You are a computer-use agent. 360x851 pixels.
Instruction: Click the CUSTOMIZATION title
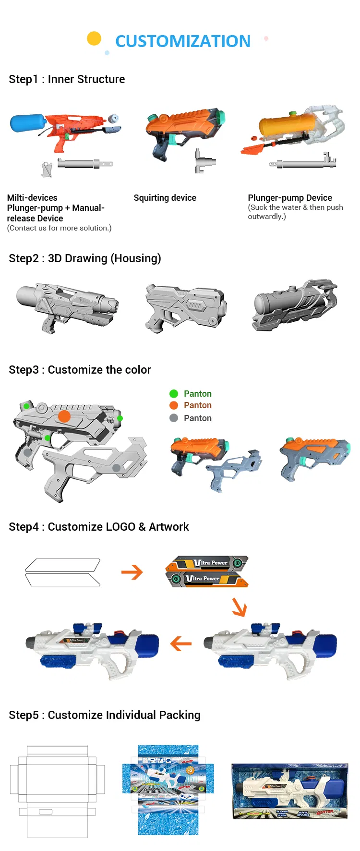coord(183,41)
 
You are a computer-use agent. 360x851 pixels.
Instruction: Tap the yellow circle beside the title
coord(94,38)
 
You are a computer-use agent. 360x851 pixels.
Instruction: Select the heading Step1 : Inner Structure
coord(67,79)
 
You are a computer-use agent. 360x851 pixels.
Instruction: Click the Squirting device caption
coord(165,198)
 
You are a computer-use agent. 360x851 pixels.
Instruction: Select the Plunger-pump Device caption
coord(290,198)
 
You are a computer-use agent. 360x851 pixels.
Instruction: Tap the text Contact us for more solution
coord(59,228)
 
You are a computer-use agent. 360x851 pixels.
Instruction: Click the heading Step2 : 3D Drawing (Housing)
coord(85,258)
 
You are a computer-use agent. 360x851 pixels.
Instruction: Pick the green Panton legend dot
coord(174,394)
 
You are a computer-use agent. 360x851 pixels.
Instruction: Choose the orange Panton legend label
coord(197,405)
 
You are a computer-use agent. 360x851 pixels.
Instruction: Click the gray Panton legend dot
coord(174,418)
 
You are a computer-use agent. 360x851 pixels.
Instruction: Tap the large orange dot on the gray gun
coord(64,416)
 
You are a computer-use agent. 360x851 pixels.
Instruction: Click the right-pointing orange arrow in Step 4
coord(132,572)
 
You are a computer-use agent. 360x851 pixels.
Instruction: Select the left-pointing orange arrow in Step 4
coord(181,644)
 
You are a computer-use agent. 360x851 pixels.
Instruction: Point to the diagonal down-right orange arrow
coord(240,607)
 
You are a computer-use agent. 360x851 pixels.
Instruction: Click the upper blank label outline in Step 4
coord(62,565)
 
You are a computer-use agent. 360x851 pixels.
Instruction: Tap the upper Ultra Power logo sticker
coord(207,563)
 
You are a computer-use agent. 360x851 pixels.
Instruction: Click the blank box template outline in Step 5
coord(57,790)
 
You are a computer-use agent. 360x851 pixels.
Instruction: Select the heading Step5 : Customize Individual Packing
coord(105,715)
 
